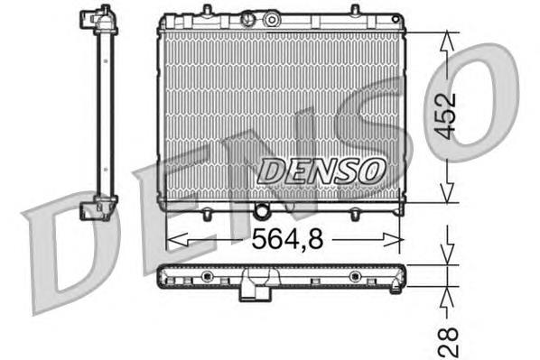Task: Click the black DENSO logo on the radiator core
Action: click(x=321, y=169)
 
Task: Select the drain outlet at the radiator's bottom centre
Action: click(x=262, y=213)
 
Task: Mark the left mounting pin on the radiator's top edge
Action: click(x=208, y=11)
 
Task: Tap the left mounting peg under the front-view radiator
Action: click(x=208, y=214)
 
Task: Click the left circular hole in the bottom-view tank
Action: click(x=208, y=275)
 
